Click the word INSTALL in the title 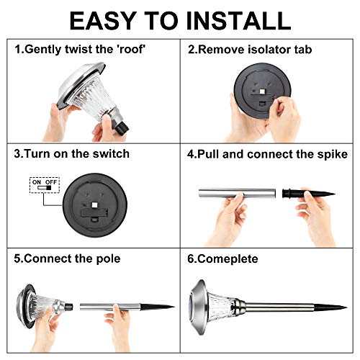pos(238,21)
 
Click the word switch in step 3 pos(111,153)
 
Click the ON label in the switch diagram pos(37,182)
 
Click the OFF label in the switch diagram pos(51,182)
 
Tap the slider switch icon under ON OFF pos(44,188)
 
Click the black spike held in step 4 pos(309,194)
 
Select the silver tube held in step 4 pos(237,194)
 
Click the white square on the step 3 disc pos(94,205)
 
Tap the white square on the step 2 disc pos(262,91)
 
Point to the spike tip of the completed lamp pos(346,307)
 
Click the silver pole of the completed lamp pos(279,307)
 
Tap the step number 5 pos(17,258)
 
